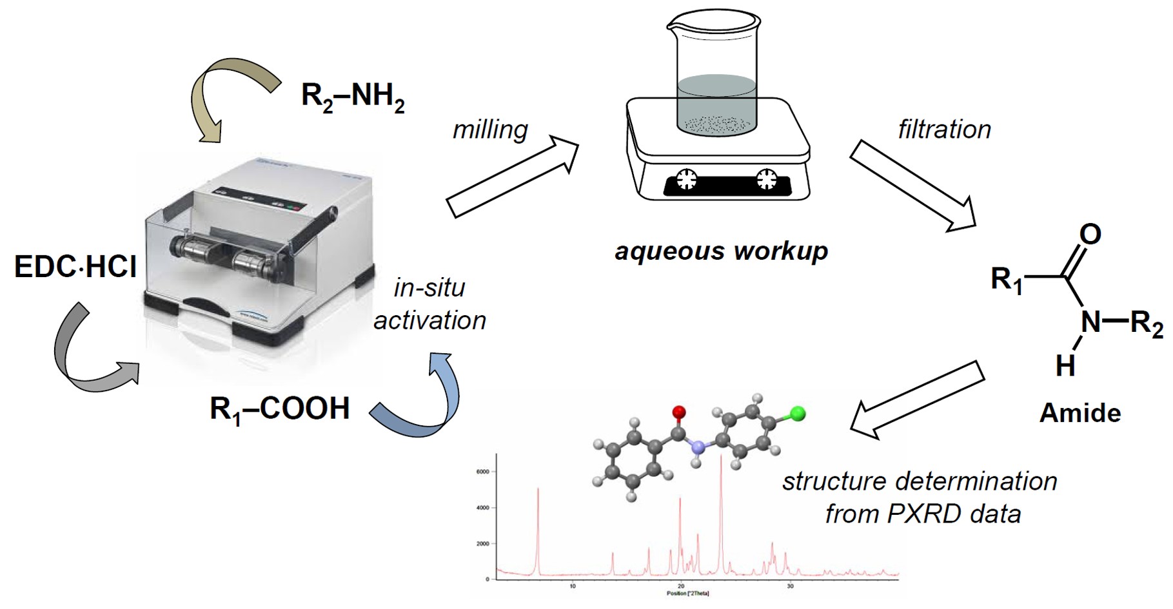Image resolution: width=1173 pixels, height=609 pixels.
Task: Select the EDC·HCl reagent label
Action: pos(75,266)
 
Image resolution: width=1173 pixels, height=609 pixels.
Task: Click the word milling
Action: pos(490,130)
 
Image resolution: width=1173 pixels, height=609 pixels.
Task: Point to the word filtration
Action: pos(944,130)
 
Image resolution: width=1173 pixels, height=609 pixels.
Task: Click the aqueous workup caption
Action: pos(721,251)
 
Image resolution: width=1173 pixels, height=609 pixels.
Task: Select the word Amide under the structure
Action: pos(1079,412)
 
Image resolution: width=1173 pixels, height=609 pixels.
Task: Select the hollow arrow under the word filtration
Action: pos(912,187)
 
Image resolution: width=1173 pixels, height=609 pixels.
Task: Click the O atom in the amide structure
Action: pos(1090,235)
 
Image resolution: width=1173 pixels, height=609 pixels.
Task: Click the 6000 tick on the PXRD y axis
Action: pos(484,472)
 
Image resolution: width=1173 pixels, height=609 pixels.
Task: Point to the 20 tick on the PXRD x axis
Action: pos(681,586)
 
